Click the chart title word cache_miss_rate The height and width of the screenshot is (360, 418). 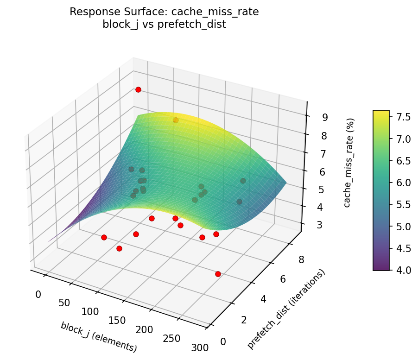tap(224, 12)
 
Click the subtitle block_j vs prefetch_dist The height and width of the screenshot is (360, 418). tap(164, 25)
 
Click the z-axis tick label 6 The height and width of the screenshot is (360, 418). tap(322, 172)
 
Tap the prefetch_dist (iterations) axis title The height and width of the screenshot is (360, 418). tap(286, 309)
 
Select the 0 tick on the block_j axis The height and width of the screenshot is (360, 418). tap(38, 294)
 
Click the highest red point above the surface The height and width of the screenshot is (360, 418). tap(138, 89)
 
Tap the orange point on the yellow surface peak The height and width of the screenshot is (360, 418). tap(176, 120)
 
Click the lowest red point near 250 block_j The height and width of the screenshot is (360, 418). tap(218, 274)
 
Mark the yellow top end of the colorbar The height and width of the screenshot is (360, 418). tap(381, 112)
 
